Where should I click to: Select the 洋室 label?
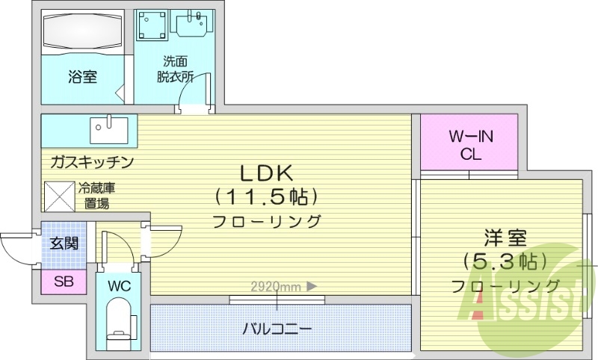[505, 238]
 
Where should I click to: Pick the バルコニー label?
[277, 328]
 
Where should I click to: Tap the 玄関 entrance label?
[64, 243]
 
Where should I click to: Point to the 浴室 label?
[82, 76]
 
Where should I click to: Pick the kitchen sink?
[109, 130]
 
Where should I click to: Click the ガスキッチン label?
[92, 161]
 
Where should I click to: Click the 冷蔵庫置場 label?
[96, 196]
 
